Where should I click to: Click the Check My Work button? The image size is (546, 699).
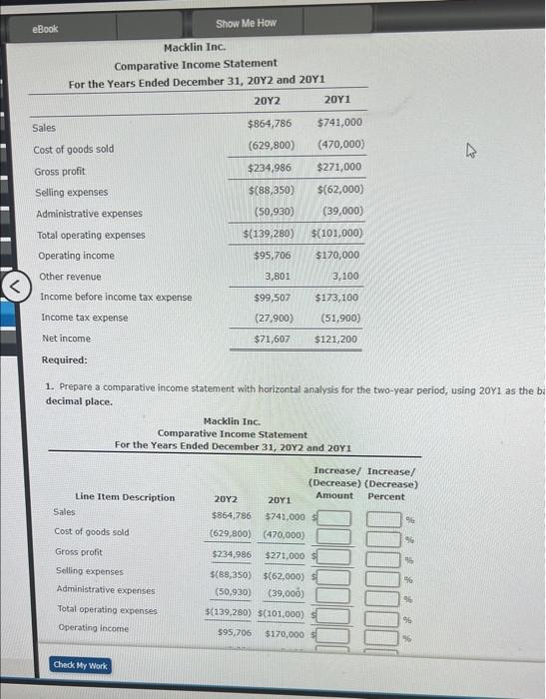(x=82, y=665)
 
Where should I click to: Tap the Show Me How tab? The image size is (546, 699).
(x=246, y=23)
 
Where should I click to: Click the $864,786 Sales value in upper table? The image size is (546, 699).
(x=270, y=124)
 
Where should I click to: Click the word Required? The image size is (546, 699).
(x=64, y=359)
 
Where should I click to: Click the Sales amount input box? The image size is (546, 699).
(x=334, y=517)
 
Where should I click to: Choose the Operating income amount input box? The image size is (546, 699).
(x=334, y=634)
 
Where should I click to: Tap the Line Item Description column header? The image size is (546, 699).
(x=125, y=497)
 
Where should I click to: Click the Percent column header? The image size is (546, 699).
(x=386, y=496)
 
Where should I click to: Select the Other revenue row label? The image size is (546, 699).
(x=70, y=277)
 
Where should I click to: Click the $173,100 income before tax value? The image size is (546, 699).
(x=335, y=298)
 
